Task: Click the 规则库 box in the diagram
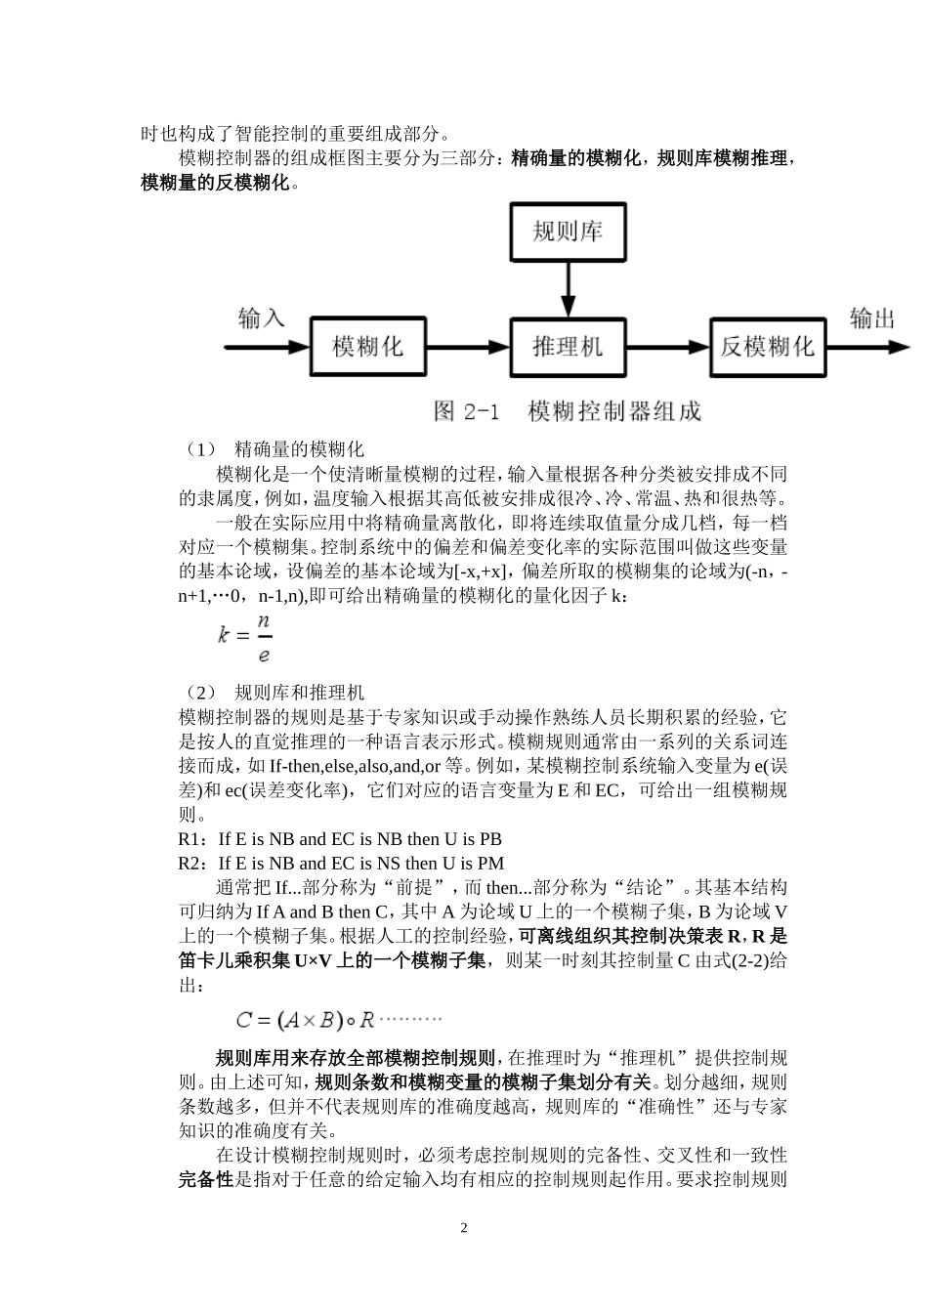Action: click(568, 232)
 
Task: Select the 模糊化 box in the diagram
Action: click(368, 347)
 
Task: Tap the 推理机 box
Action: click(568, 347)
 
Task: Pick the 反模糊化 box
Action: click(767, 347)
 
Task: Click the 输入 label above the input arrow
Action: click(261, 318)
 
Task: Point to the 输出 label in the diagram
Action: click(871, 318)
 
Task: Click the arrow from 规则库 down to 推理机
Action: click(568, 288)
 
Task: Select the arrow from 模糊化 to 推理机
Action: click(469, 347)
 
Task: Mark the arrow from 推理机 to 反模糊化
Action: click(667, 347)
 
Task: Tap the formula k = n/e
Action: click(244, 637)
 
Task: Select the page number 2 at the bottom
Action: click(464, 1228)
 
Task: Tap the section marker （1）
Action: click(199, 449)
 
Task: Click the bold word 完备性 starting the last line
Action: click(206, 1179)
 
